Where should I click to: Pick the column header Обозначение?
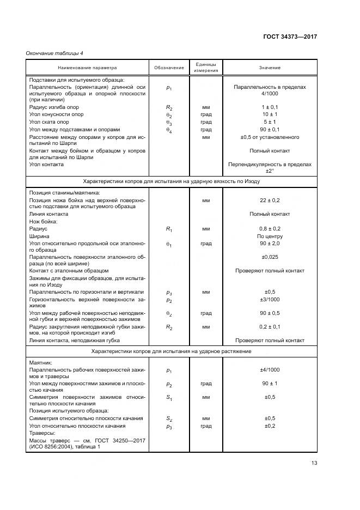click(168, 68)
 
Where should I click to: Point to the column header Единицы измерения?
click(206, 68)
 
